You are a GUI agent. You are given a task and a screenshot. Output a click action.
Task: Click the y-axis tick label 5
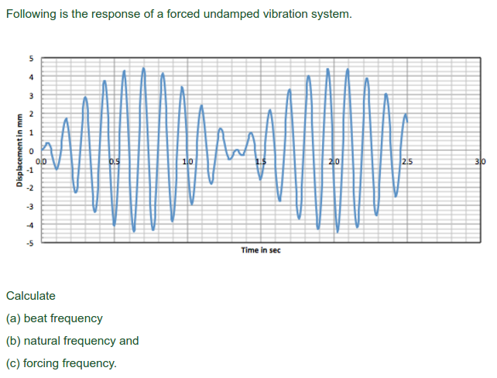pos(32,58)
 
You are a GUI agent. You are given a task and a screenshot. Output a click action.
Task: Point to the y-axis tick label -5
pos(31,243)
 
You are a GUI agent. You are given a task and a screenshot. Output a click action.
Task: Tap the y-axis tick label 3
pos(32,95)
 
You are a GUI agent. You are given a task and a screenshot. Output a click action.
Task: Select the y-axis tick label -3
pos(31,207)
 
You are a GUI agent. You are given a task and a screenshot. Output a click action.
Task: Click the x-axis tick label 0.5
pos(115,161)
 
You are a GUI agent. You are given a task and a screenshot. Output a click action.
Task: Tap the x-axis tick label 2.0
pos(333,161)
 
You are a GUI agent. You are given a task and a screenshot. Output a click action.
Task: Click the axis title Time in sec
pos(260,250)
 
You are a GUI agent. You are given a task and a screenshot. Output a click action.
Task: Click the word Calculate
pos(31,296)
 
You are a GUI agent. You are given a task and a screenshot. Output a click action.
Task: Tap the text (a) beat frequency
pos(54,318)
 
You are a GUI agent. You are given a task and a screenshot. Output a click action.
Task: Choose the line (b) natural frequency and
pos(73,340)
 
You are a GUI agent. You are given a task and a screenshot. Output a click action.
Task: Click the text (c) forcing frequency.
pos(61,363)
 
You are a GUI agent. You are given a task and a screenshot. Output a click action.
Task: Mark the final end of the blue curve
pos(406,120)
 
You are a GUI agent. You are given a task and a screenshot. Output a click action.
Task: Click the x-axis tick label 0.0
pos(42,161)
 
